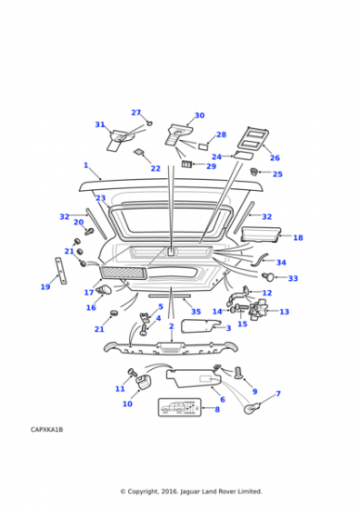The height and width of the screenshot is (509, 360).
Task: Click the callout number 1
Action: [x=86, y=165]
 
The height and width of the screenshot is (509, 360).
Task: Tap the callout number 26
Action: [x=275, y=158]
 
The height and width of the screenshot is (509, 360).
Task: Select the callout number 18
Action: [x=298, y=237]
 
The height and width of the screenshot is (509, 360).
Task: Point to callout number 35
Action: [x=196, y=312]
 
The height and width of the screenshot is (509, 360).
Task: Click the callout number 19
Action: [x=45, y=287]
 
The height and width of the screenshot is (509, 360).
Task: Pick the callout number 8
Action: [x=217, y=409]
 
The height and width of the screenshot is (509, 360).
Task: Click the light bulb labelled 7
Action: [x=252, y=409]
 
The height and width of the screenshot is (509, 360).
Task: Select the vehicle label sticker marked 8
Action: [x=179, y=407]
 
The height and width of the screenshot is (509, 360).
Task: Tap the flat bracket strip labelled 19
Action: [x=61, y=271]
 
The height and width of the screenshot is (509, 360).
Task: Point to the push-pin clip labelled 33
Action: [x=268, y=277]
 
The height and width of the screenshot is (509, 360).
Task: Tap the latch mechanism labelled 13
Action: [x=258, y=309]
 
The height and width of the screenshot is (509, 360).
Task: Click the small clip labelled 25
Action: [x=254, y=171]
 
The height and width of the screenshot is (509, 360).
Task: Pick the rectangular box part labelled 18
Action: [x=260, y=235]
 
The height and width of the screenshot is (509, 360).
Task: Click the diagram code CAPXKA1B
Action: [x=46, y=429]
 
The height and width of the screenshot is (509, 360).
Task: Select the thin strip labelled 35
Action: [x=169, y=296]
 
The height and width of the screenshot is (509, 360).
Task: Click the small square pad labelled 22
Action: [x=139, y=152]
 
